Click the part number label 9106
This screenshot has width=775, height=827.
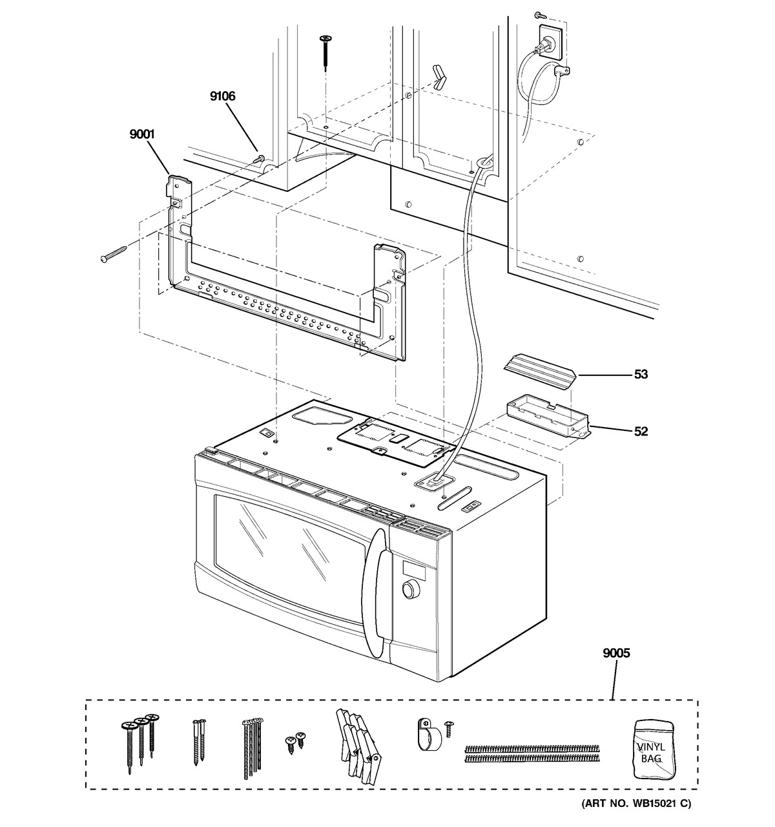pos(222,96)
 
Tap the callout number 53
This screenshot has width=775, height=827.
pos(641,374)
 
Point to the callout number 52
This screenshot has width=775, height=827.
pos(641,431)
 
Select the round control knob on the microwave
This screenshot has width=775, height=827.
pos(408,589)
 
